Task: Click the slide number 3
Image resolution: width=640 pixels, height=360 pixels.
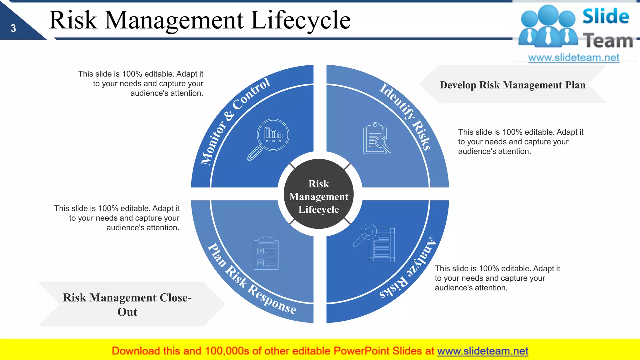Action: (13, 28)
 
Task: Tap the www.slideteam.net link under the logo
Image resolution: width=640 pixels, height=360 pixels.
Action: (574, 57)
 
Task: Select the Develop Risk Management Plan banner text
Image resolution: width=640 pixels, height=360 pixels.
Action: (512, 85)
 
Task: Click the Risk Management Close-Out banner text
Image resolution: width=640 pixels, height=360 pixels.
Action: (127, 304)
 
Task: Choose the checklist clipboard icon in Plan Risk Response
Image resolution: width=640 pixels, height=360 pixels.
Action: (266, 253)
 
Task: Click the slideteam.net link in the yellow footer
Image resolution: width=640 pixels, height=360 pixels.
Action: (482, 351)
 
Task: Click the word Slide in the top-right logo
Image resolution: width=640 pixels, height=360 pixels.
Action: (606, 16)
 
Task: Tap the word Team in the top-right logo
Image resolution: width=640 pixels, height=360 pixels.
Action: (608, 41)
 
